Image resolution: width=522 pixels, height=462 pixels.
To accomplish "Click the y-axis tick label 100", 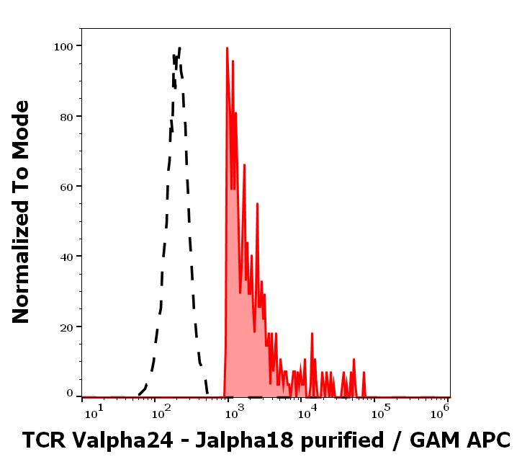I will (x=63, y=46).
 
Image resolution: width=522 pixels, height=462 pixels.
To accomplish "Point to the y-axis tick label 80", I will (x=66, y=116).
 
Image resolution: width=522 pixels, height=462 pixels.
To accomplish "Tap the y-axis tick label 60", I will (x=66, y=186).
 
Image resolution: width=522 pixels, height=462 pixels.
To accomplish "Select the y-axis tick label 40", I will (x=66, y=256).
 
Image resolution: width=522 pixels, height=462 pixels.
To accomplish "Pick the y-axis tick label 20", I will (x=66, y=326).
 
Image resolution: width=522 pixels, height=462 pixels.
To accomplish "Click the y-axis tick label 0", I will (x=70, y=394).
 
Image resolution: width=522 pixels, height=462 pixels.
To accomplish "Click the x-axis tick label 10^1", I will (x=94, y=412).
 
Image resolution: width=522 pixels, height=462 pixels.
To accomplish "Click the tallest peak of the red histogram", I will (x=227, y=49).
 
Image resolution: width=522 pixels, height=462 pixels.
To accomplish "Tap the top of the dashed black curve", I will (x=179, y=48).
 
